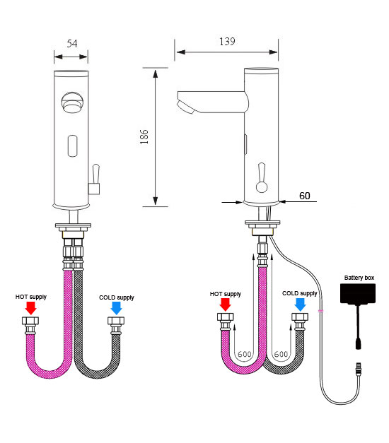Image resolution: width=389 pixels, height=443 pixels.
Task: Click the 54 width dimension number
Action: [72, 44]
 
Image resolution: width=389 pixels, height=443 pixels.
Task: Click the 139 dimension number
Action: [227, 42]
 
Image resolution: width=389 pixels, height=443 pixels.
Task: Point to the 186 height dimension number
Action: [144, 137]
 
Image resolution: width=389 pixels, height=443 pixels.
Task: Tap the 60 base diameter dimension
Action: [304, 196]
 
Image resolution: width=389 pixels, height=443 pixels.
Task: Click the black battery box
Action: [358, 294]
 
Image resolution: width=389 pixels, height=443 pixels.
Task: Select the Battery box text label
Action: [359, 278]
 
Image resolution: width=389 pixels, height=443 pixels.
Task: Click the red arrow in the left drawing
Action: [31, 308]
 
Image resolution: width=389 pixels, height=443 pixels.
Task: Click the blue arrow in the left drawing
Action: [116, 308]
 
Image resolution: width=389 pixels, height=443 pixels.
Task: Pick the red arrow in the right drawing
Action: [226, 305]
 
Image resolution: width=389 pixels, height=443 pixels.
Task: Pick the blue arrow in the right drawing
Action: [300, 305]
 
